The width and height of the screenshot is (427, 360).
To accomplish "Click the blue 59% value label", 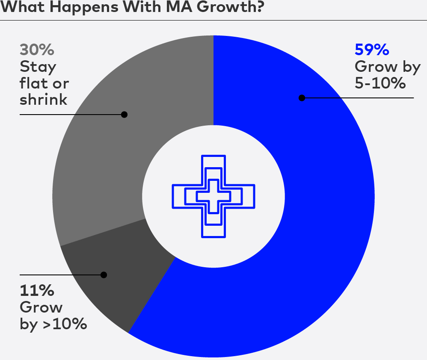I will [371, 50].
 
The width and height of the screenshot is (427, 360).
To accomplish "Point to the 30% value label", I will [37, 50].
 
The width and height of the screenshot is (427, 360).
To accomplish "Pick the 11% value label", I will [37, 291].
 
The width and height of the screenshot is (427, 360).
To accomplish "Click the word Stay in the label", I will [38, 67].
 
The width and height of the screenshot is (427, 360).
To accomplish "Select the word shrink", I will [44, 100].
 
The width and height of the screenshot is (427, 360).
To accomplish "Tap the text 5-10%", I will [380, 83].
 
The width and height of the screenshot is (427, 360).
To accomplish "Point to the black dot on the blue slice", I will [302, 98].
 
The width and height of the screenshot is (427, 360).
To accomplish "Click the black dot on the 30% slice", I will [124, 115].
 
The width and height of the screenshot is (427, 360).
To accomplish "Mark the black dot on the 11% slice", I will [104, 274].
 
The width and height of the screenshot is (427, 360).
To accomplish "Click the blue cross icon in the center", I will [213, 196].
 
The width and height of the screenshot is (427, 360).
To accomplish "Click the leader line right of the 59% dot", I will [359, 98].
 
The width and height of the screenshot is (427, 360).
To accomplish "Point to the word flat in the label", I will [33, 83].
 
